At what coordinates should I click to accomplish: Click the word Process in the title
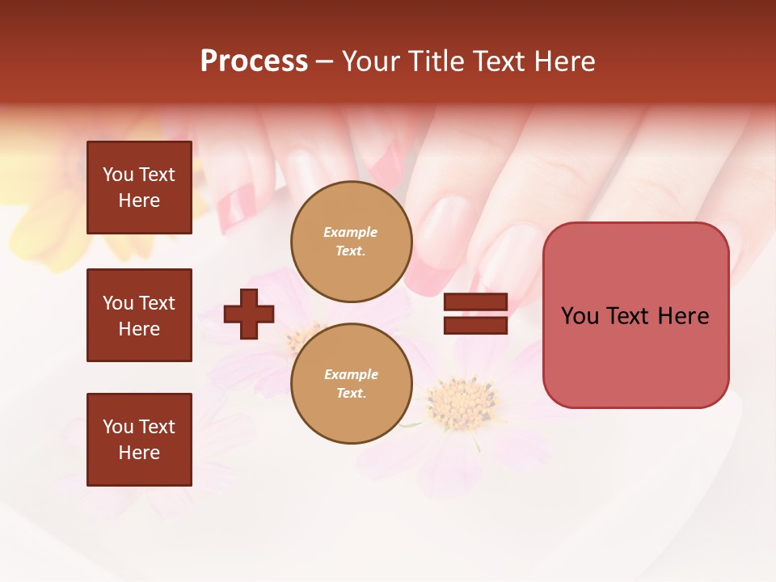254,61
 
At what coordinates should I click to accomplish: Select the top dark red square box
139,188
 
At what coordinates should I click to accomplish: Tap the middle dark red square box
139,315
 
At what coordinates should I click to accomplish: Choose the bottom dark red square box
139,440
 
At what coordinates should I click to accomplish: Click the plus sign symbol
249,314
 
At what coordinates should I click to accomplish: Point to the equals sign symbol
475,314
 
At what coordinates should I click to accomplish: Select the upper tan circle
352,242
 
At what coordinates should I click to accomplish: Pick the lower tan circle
352,384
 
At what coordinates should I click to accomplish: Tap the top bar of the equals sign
475,302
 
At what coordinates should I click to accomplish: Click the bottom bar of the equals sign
475,325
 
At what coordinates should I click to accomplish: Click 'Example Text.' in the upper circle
351,242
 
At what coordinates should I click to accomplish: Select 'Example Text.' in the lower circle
351,384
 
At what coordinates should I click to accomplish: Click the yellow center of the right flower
462,402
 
